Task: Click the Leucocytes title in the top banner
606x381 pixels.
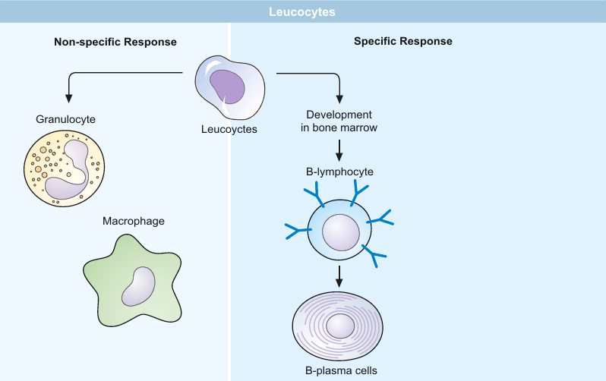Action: [302, 12]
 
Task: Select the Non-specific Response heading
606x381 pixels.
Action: [115, 42]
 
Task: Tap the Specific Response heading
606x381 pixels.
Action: [403, 42]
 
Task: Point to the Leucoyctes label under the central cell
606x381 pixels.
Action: [229, 129]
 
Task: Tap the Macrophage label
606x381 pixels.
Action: [134, 221]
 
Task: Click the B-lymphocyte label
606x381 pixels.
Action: [339, 172]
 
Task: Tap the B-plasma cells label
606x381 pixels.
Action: [339, 371]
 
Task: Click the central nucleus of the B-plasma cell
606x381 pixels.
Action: [339, 329]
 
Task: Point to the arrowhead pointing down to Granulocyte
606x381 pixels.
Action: [69, 98]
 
